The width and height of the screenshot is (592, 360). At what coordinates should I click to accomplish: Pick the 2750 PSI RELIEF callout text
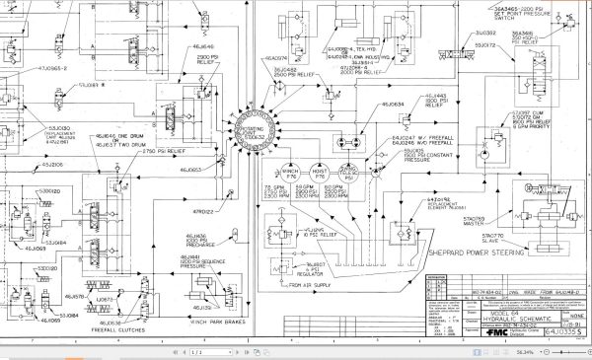click(x=162, y=152)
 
